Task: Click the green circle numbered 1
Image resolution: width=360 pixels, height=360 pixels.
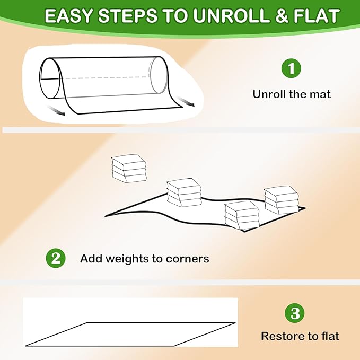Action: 291,68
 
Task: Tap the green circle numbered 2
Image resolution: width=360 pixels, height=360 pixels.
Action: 56,258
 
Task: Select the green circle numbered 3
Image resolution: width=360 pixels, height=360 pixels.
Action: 295,313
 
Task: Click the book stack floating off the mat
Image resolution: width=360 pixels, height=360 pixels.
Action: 129,168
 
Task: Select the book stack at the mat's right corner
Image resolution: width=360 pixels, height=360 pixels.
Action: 282,200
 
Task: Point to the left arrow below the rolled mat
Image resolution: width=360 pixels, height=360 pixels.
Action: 56,111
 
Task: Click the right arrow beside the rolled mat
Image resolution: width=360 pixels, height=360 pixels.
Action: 186,101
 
